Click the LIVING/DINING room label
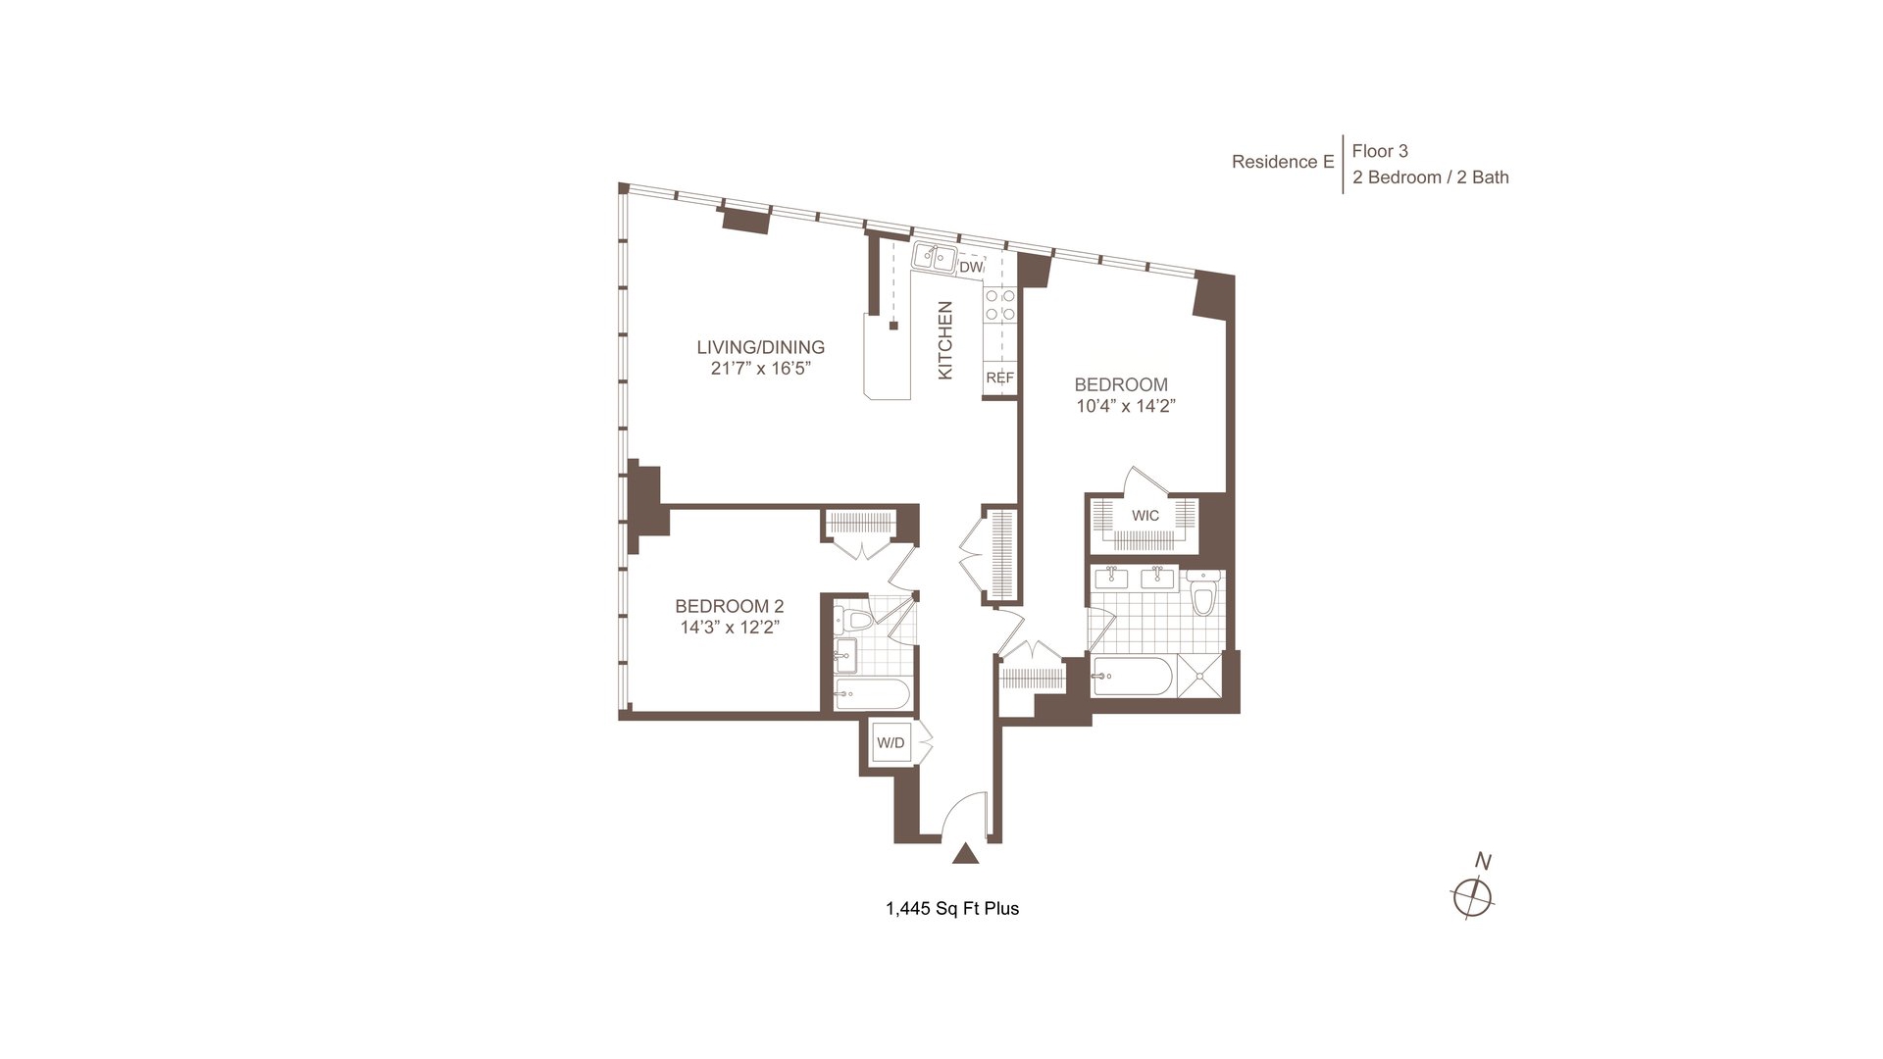coord(760,347)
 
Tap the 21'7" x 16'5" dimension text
coord(761,369)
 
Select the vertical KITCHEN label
coord(945,340)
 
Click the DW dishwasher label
coord(971,268)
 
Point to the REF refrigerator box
coord(999,378)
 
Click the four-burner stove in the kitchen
coord(1000,305)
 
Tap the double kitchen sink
coord(935,258)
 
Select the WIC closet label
coord(1145,516)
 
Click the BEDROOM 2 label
coord(729,606)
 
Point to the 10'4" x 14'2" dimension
coord(1126,406)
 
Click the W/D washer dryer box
coord(891,742)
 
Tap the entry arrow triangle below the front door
coord(966,854)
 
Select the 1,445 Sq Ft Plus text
coord(952,909)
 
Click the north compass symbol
coord(1472,895)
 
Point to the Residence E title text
coord(1283,162)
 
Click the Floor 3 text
coord(1380,151)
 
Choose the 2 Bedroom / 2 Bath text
coord(1431,177)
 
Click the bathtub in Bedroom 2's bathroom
coord(872,694)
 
